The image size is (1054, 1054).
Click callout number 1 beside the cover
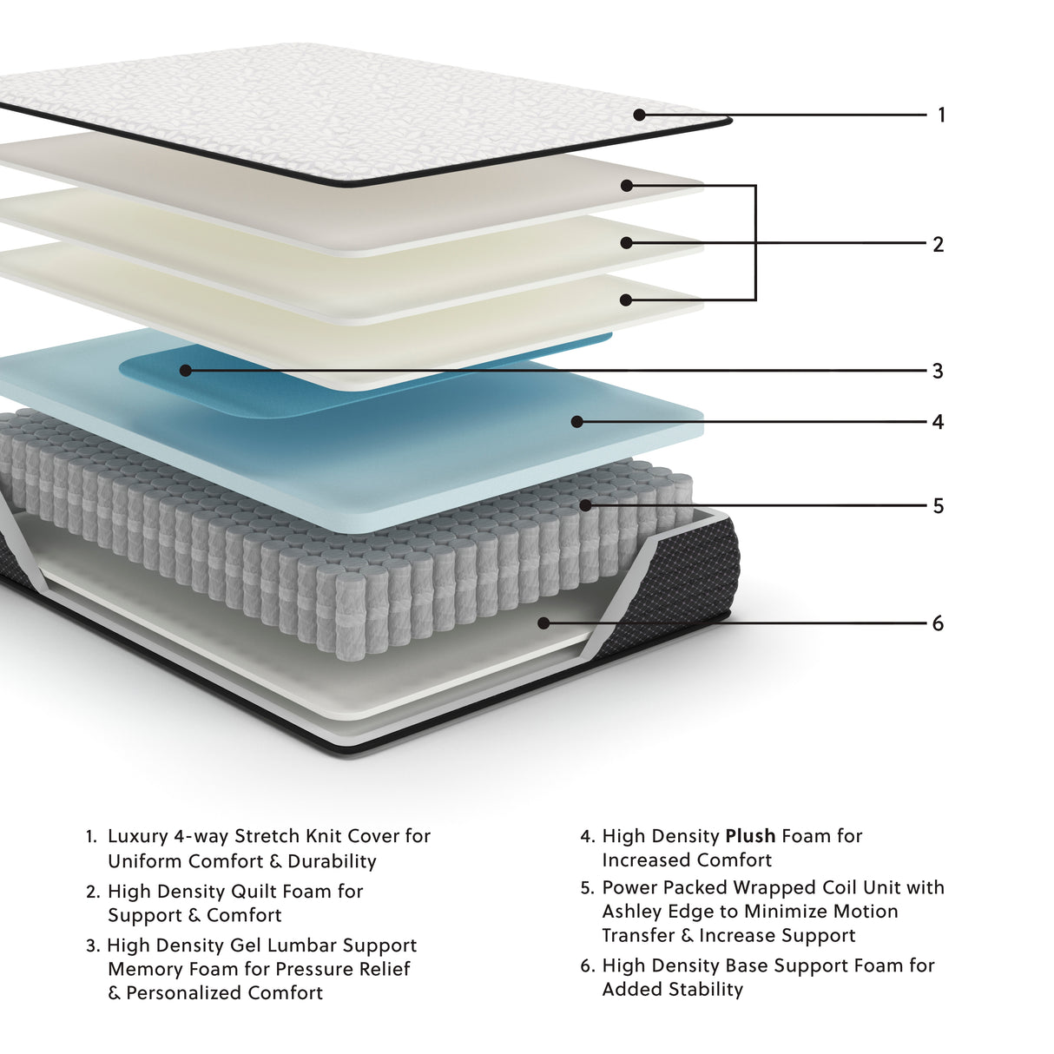[941, 115]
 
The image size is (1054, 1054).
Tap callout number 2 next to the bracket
[938, 244]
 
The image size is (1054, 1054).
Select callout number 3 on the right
[938, 371]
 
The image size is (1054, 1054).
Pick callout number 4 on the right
[938, 422]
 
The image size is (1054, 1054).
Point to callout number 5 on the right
[938, 505]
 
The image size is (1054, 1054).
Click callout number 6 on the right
[938, 623]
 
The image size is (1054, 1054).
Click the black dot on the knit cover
[639, 115]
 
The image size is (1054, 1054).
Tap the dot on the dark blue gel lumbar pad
[185, 371]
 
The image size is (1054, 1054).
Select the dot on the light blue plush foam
[576, 422]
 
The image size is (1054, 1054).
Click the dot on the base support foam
[543, 623]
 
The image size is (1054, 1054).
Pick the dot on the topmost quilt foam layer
[627, 186]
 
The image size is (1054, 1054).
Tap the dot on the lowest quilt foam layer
[626, 300]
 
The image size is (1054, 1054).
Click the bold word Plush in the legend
[750, 836]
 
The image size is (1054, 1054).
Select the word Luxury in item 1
[137, 836]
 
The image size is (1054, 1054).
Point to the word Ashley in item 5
[633, 912]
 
